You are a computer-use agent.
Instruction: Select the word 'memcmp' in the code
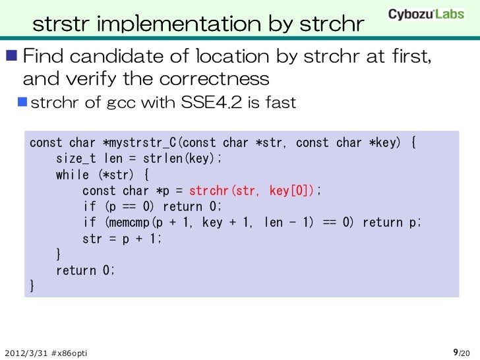click(x=123, y=223)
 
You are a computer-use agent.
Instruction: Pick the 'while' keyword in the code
click(x=73, y=175)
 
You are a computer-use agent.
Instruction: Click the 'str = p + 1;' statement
click(x=121, y=239)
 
